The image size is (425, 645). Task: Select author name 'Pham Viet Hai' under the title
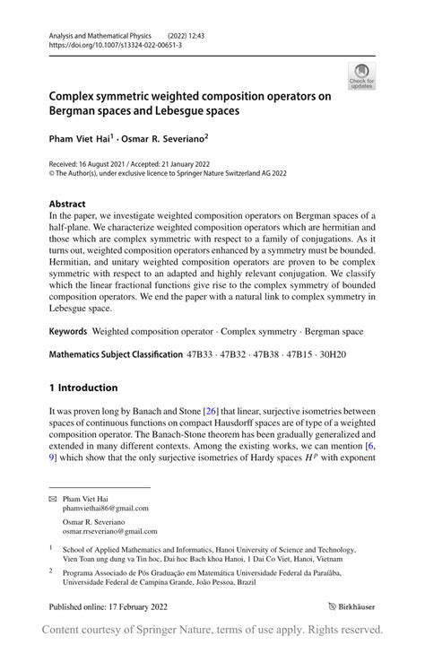point(79,138)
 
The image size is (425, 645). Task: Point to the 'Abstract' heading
point(68,204)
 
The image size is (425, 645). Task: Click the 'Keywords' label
point(68,331)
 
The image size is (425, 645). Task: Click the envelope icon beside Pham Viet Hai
point(54,497)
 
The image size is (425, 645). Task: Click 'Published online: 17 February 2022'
point(107,606)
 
